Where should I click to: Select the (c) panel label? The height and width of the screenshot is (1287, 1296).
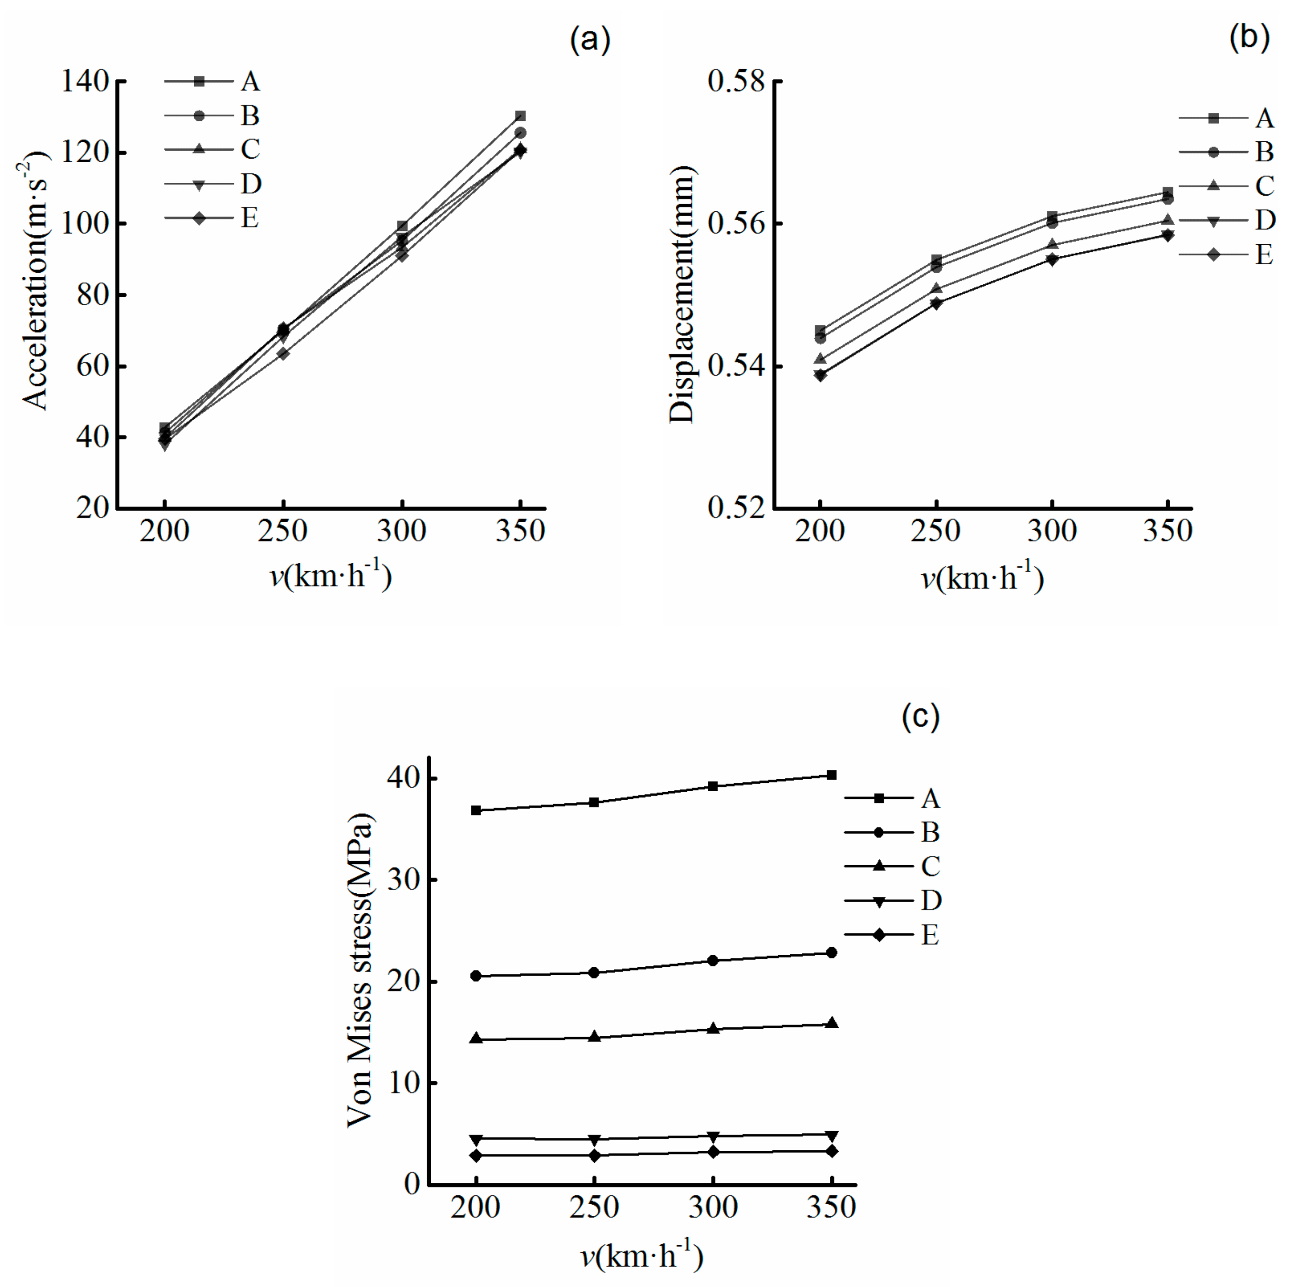pyautogui.click(x=920, y=716)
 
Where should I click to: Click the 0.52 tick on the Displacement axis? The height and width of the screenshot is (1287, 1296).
pyautogui.click(x=736, y=508)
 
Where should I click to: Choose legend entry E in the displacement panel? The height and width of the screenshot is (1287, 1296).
pyautogui.click(x=1264, y=255)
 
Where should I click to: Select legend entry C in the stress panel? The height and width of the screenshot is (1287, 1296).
pyautogui.click(x=930, y=866)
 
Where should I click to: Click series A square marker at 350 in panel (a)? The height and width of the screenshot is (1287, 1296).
pyautogui.click(x=520, y=116)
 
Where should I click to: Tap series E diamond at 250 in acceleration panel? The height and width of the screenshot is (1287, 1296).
pyautogui.click(x=283, y=353)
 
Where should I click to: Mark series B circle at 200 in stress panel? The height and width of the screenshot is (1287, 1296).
pyautogui.click(x=476, y=976)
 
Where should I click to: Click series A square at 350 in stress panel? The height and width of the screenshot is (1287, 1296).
pyautogui.click(x=831, y=775)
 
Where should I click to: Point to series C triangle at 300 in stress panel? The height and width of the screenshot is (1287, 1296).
pyautogui.click(x=713, y=1029)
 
